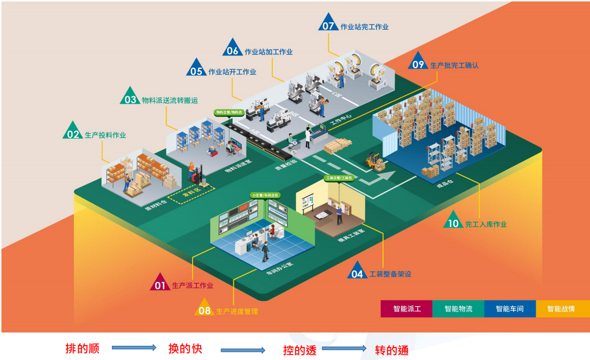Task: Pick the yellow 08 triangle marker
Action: pyautogui.click(x=204, y=309)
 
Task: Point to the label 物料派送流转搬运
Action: pyautogui.click(x=170, y=100)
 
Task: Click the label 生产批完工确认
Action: pyautogui.click(x=454, y=65)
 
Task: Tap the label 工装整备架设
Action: pyautogui.click(x=390, y=274)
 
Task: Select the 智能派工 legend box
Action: pyautogui.click(x=406, y=309)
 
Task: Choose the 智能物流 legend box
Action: pyautogui.click(x=458, y=309)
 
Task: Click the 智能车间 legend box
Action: pyautogui.click(x=509, y=309)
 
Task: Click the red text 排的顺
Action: pyautogui.click(x=82, y=349)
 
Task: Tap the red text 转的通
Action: pyautogui.click(x=391, y=351)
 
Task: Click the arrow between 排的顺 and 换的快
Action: pyautogui.click(x=134, y=348)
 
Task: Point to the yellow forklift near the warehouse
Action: pyautogui.click(x=375, y=161)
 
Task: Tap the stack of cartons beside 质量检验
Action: pyautogui.click(x=338, y=146)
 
